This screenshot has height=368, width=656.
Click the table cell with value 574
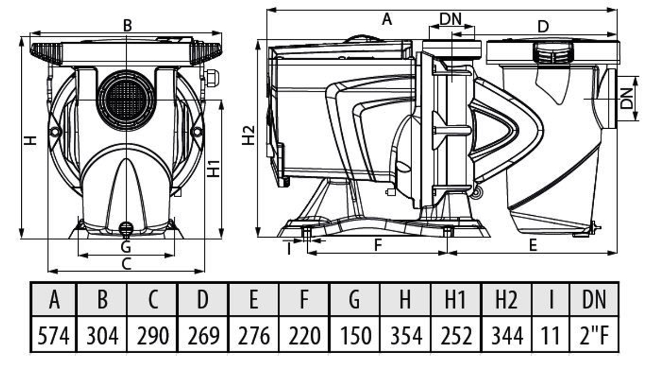pos(54,334)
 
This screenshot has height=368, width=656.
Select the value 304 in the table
pos(102,334)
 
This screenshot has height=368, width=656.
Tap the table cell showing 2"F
pos(594,334)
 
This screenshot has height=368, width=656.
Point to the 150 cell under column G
pos(355,334)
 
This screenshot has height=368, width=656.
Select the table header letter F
pos(304,300)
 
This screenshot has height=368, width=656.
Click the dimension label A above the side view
pos(387,20)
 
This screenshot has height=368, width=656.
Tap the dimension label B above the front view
pos(127,25)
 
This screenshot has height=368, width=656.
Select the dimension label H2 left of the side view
pos(249,135)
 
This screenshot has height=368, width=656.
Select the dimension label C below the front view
pos(126,264)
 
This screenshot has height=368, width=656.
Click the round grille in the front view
pos(126,99)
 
